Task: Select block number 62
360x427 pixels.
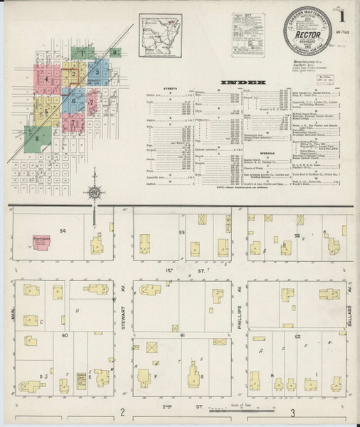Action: click(x=297, y=334)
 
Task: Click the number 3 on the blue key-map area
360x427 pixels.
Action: click(x=96, y=72)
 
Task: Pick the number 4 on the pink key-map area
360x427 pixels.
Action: click(x=47, y=80)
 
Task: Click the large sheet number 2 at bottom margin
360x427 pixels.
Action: click(x=123, y=413)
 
